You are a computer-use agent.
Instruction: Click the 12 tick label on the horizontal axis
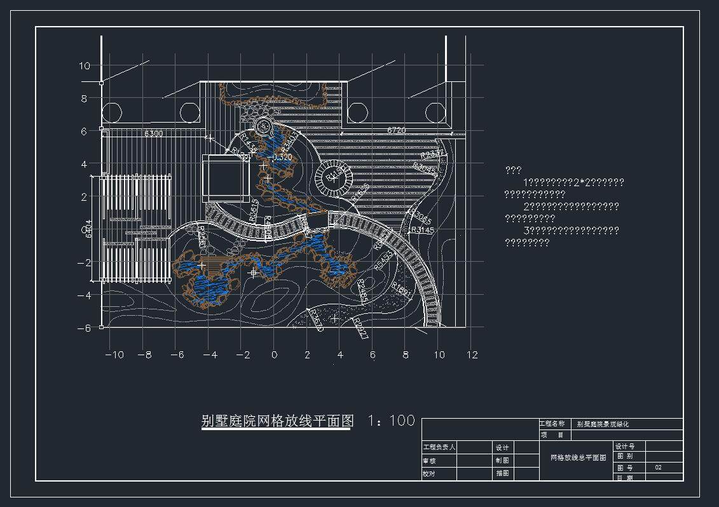(472, 355)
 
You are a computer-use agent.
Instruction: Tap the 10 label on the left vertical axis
(85, 65)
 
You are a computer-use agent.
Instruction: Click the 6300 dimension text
(153, 133)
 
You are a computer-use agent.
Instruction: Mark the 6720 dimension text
(396, 130)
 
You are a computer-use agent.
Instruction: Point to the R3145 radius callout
(423, 230)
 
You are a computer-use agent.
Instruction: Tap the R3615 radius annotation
(254, 210)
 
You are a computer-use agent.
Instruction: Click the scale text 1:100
(392, 421)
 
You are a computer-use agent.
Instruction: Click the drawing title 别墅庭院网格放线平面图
(277, 421)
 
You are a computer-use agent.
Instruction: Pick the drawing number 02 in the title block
(659, 467)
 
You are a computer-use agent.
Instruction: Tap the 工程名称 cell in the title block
(552, 424)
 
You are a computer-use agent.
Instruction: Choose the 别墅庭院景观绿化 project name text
(603, 424)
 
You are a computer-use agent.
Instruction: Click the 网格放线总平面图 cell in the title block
(578, 457)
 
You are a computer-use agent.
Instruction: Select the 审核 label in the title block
(430, 461)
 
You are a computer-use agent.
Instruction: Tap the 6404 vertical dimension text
(88, 228)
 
